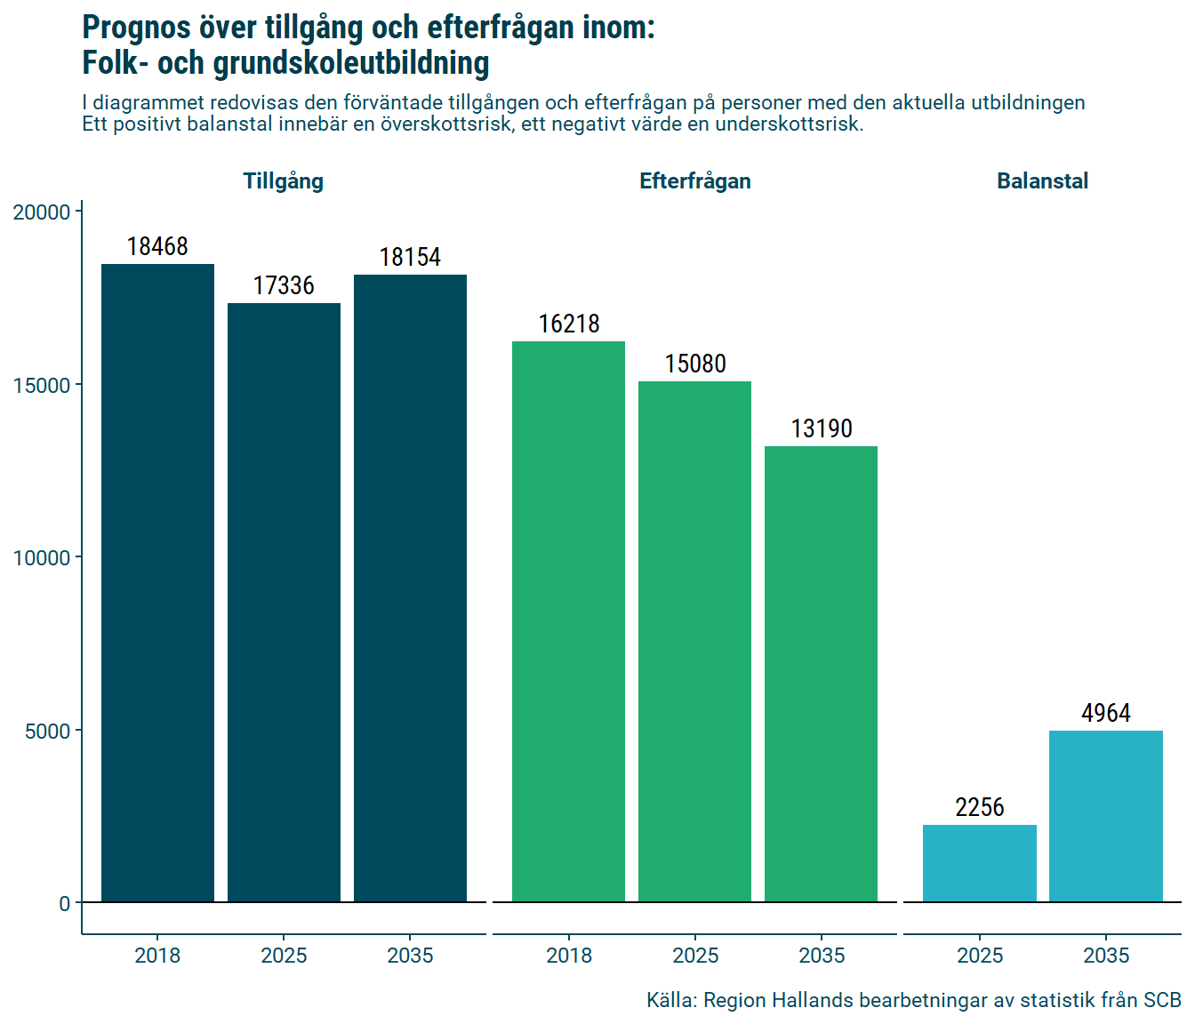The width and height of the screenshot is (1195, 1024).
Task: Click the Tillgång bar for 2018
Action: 157,583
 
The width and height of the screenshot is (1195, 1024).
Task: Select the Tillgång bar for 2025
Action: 284,603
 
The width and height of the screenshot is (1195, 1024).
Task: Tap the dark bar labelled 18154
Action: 410,588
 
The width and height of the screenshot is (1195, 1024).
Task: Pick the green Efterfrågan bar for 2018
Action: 568,622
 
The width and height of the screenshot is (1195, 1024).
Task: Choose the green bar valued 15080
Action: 694,642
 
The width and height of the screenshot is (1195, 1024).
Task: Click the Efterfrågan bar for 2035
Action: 821,674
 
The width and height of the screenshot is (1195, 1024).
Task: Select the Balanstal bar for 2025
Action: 979,863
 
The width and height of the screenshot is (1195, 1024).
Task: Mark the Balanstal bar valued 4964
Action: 1105,816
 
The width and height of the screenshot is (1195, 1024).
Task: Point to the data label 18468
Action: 157,246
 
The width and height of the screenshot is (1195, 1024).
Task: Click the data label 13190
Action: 822,428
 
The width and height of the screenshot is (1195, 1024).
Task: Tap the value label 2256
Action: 979,807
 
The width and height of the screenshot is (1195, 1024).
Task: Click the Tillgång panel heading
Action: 284,181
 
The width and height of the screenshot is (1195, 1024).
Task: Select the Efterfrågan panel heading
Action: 694,181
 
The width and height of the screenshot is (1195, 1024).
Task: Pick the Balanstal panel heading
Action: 1042,181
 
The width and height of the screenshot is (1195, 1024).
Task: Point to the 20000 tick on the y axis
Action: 42,212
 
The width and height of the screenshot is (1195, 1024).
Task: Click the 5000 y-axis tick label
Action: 47,731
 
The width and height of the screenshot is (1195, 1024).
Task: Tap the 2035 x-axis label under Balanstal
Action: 1105,956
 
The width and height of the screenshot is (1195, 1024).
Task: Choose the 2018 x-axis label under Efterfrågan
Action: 568,956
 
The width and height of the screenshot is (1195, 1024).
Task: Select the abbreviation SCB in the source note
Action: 1161,1000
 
